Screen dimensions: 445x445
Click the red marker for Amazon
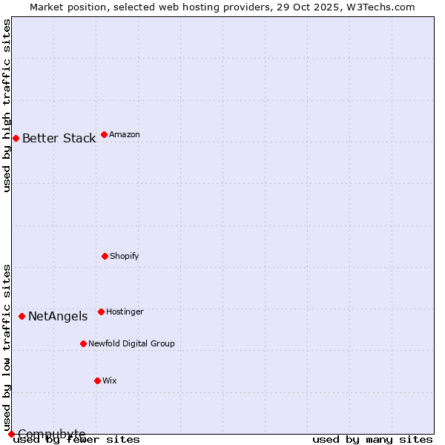tap(104, 134)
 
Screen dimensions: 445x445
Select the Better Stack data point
tap(16, 138)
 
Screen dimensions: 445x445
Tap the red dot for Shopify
tap(105, 256)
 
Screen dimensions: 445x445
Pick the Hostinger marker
tap(101, 311)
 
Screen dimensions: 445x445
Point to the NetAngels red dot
tap(22, 316)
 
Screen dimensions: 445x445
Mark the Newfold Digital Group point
tap(83, 343)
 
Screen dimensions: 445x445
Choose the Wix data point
tap(97, 380)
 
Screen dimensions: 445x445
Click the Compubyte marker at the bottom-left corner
tap(11, 434)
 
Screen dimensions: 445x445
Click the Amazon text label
tap(125, 134)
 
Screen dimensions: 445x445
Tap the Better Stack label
tap(59, 138)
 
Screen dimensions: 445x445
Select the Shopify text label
tap(125, 256)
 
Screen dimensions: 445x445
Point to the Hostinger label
tap(125, 311)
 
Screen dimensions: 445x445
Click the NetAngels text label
tap(58, 316)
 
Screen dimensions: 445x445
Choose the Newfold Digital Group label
tap(131, 343)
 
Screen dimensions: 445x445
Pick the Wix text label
tap(110, 380)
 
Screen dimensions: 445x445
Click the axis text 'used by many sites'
tap(372, 440)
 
